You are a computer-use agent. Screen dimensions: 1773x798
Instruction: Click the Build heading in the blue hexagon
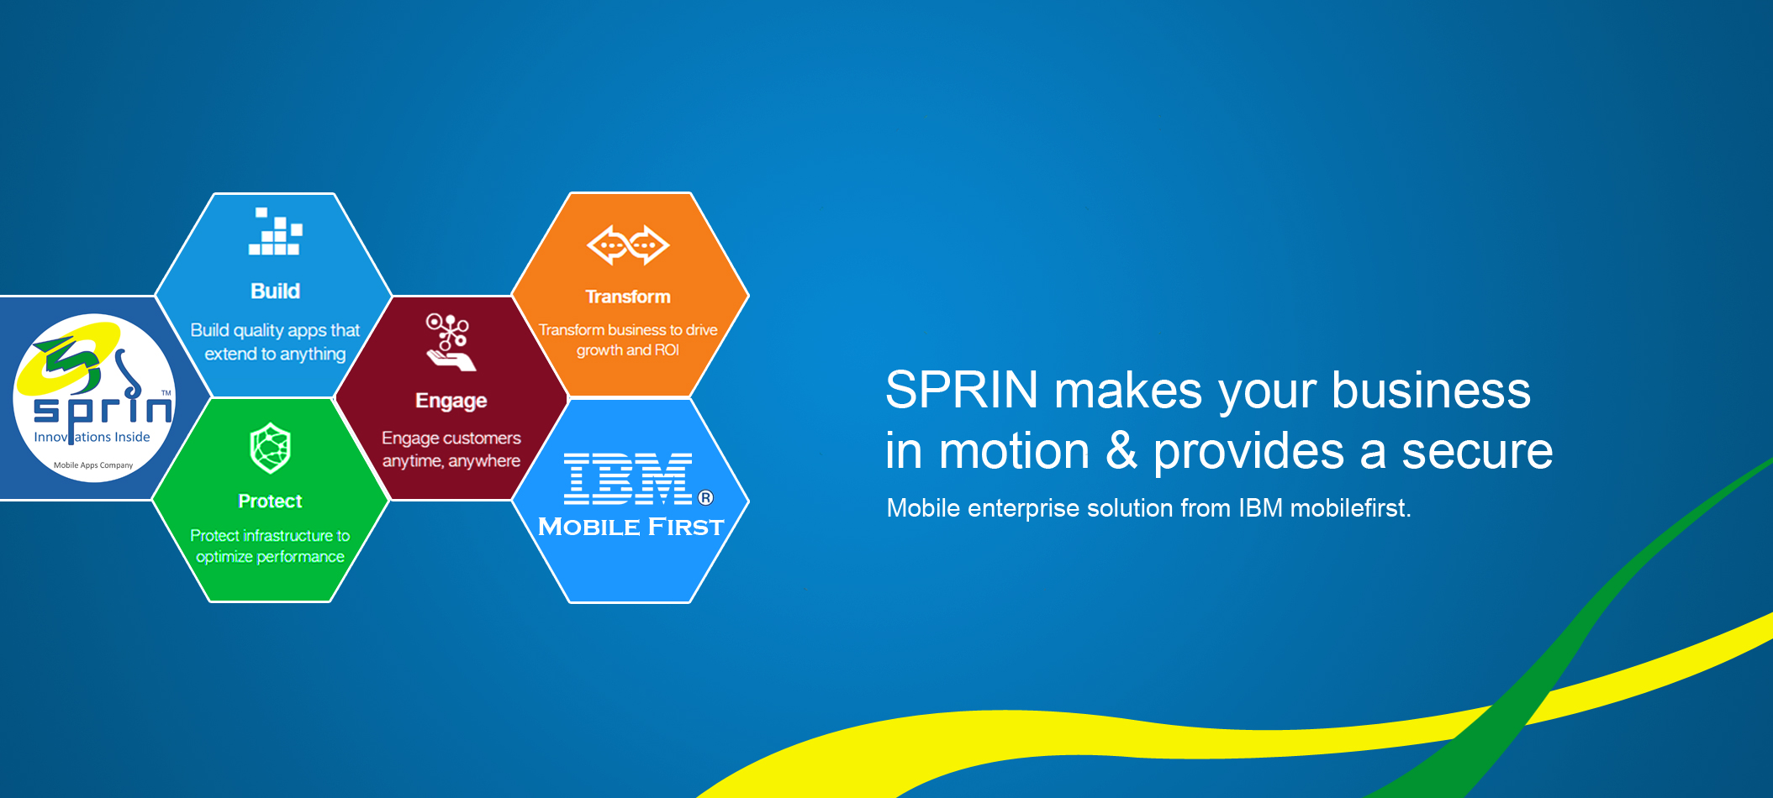[275, 291]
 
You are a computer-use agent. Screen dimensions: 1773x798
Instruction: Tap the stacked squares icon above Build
[275, 231]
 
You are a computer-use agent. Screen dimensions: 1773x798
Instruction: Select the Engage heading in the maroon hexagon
[451, 402]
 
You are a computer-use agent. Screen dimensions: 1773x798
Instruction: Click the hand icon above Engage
[451, 342]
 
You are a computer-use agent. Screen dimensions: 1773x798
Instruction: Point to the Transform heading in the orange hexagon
[628, 297]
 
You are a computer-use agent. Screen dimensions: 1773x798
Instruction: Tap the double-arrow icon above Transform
[628, 245]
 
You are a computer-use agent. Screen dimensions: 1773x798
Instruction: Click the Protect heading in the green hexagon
[270, 501]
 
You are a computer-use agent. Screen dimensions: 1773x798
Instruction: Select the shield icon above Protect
[270, 448]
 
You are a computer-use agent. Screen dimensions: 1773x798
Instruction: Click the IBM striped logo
[628, 479]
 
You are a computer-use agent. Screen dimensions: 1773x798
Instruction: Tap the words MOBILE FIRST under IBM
[631, 527]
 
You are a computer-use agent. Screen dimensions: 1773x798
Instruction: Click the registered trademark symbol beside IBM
[706, 497]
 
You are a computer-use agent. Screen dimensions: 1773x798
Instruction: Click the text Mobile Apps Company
[93, 465]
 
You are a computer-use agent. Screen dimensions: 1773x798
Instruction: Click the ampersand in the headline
[1121, 450]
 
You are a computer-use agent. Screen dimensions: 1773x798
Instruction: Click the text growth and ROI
[627, 350]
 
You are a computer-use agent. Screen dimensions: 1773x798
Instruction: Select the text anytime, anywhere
[451, 461]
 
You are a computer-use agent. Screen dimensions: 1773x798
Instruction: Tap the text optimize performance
[270, 557]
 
